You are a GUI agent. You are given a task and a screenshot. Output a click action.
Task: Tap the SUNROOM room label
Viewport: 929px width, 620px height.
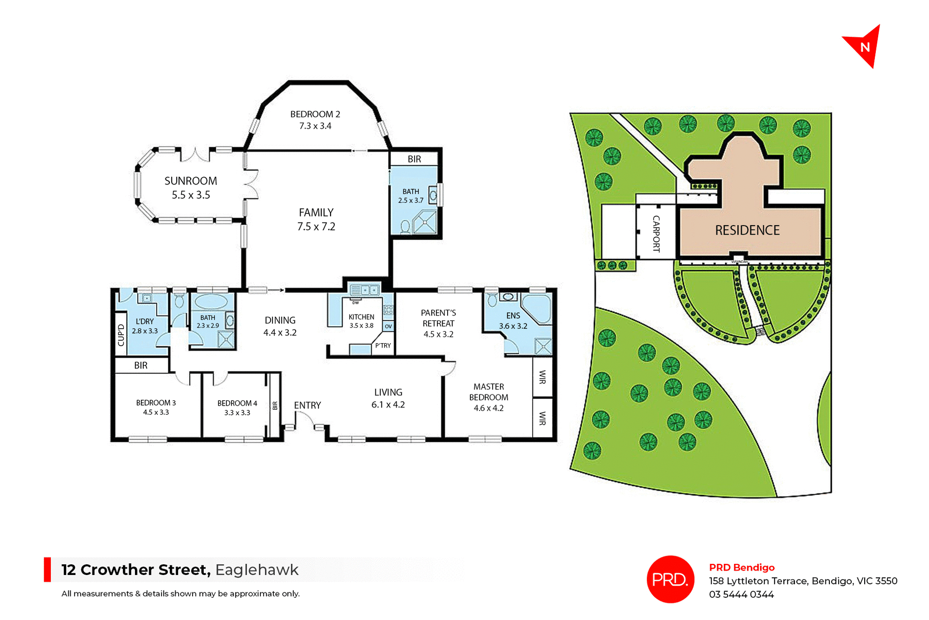pos(191,181)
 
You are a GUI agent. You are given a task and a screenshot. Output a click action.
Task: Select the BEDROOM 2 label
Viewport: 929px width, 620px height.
pos(315,114)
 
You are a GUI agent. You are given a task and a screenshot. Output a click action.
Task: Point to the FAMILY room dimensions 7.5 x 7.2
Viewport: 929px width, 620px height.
pos(316,227)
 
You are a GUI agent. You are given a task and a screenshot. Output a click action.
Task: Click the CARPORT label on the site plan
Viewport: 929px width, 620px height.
pos(656,234)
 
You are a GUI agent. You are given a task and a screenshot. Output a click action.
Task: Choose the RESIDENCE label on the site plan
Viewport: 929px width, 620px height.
pos(747,230)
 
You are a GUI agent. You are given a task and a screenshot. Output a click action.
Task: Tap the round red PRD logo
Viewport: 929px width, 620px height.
pos(670,579)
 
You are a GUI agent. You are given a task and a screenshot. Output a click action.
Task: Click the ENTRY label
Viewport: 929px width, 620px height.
pos(307,406)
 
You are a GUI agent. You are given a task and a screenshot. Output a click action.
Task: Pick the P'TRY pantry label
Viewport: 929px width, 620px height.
pos(383,346)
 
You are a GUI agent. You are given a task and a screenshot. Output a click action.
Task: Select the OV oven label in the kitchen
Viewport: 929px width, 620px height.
pos(388,327)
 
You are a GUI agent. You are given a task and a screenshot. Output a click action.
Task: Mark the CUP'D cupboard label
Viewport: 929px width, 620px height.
pos(121,335)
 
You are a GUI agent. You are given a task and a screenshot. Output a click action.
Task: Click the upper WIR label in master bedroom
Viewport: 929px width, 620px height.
pos(542,377)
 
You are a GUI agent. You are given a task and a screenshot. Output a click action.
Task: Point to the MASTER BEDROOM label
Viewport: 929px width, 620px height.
pos(489,392)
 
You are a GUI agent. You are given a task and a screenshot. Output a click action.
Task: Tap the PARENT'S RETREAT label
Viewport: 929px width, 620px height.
pos(438,318)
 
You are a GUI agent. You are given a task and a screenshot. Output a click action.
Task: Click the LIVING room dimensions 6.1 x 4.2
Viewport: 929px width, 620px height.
pos(388,405)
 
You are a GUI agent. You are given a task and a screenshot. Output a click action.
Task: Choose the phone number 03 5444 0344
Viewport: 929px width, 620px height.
pos(741,594)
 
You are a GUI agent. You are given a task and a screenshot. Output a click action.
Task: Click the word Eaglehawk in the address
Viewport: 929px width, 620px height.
pos(257,570)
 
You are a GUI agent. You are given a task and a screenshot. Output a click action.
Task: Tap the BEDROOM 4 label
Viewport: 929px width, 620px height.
pos(237,403)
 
